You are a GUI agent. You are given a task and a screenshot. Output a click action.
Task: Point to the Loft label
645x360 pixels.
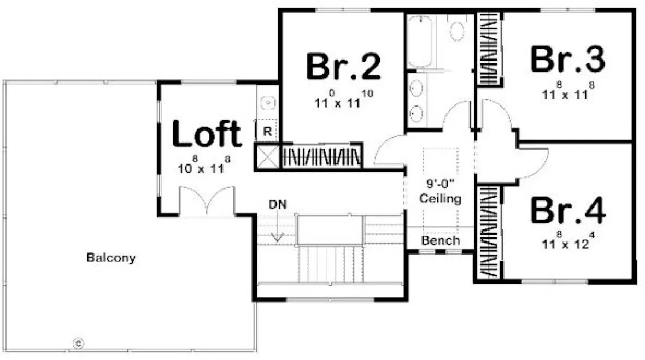207,134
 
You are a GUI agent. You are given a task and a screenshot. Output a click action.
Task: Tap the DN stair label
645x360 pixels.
278,204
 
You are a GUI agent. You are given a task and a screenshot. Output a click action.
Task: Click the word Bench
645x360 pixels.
441,240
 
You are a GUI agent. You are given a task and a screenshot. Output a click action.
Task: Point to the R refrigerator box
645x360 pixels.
268,131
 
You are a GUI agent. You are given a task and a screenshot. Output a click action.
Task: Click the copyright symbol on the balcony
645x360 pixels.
78,344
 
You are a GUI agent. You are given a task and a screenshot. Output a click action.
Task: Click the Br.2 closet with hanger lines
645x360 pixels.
321,156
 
